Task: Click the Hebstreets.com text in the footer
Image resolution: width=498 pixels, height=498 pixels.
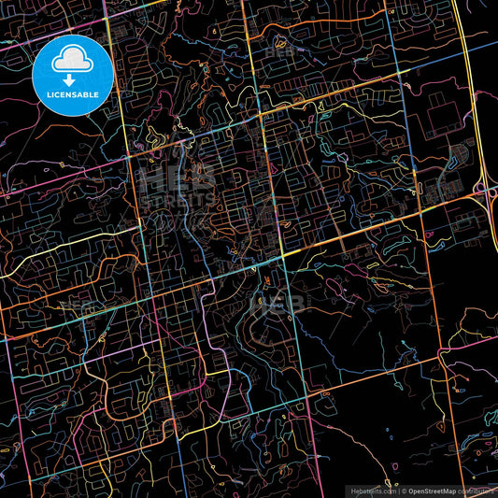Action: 373,491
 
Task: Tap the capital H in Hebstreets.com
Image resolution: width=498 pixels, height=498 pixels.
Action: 352,491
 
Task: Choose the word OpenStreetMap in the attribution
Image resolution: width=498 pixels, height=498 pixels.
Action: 431,491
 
